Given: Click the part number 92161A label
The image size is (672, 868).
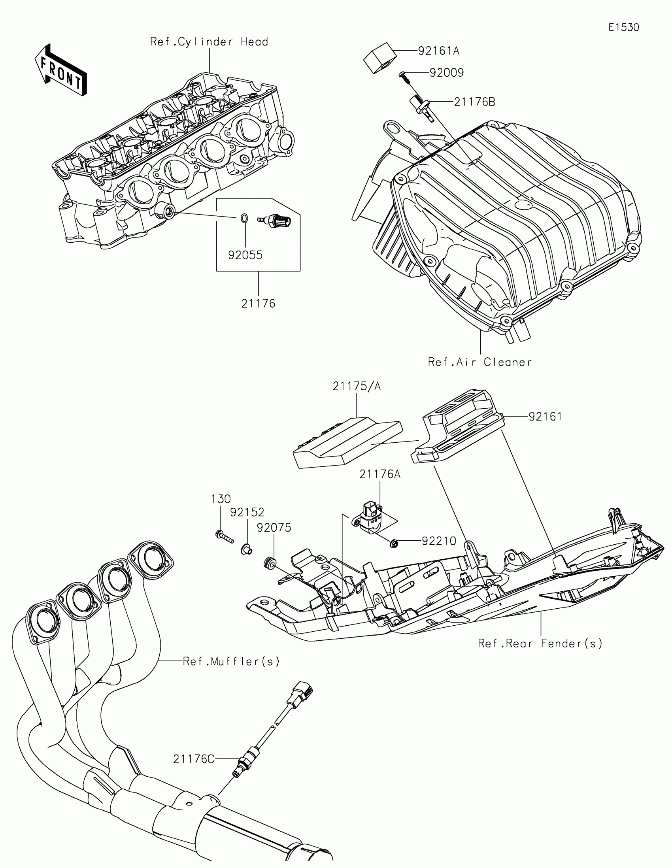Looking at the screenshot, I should pyautogui.click(x=438, y=51).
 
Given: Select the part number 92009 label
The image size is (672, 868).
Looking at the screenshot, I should pyautogui.click(x=446, y=73).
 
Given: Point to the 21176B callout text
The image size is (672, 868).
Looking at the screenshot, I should pyautogui.click(x=474, y=102).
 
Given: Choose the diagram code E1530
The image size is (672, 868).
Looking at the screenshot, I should pyautogui.click(x=623, y=27).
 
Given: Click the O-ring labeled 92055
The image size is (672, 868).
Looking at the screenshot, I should pyautogui.click(x=245, y=217).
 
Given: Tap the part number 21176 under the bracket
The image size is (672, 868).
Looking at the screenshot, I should pyautogui.click(x=258, y=304).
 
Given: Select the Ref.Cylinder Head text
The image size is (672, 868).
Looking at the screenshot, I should pyautogui.click(x=209, y=42).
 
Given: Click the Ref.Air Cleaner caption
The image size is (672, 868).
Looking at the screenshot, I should pyautogui.click(x=479, y=362).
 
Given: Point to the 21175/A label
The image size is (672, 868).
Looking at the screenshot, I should pyautogui.click(x=357, y=386).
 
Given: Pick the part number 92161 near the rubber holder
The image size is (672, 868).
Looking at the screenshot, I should pyautogui.click(x=545, y=417).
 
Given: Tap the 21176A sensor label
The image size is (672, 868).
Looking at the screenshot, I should pyautogui.click(x=380, y=474).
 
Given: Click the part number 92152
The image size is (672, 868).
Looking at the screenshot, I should pyautogui.click(x=247, y=512).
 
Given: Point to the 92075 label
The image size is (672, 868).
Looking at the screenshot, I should pyautogui.click(x=274, y=528).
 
